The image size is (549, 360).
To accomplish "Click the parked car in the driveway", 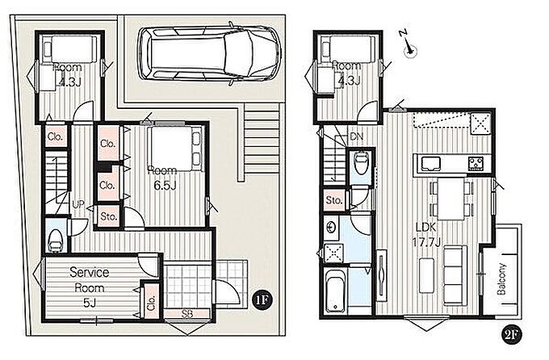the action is (x=209, y=54).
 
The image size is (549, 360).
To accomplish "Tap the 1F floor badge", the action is (x=262, y=300).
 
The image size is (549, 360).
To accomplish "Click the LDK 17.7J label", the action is (x=426, y=234).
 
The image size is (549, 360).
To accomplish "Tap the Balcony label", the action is (x=501, y=278).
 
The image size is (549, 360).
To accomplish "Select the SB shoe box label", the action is (x=187, y=314).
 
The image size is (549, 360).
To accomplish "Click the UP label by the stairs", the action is (x=78, y=204).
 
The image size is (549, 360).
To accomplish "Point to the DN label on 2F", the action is (x=356, y=136).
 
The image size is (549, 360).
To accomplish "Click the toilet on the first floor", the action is (x=56, y=240).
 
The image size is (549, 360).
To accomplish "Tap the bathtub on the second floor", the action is (x=335, y=291).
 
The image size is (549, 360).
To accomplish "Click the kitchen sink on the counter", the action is (x=431, y=163).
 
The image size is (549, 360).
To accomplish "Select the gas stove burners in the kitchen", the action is (x=476, y=164).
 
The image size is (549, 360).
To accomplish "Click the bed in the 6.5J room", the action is (x=174, y=149).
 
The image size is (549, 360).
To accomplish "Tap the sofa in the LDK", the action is (x=455, y=275).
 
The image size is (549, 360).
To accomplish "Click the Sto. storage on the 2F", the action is (x=333, y=201).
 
